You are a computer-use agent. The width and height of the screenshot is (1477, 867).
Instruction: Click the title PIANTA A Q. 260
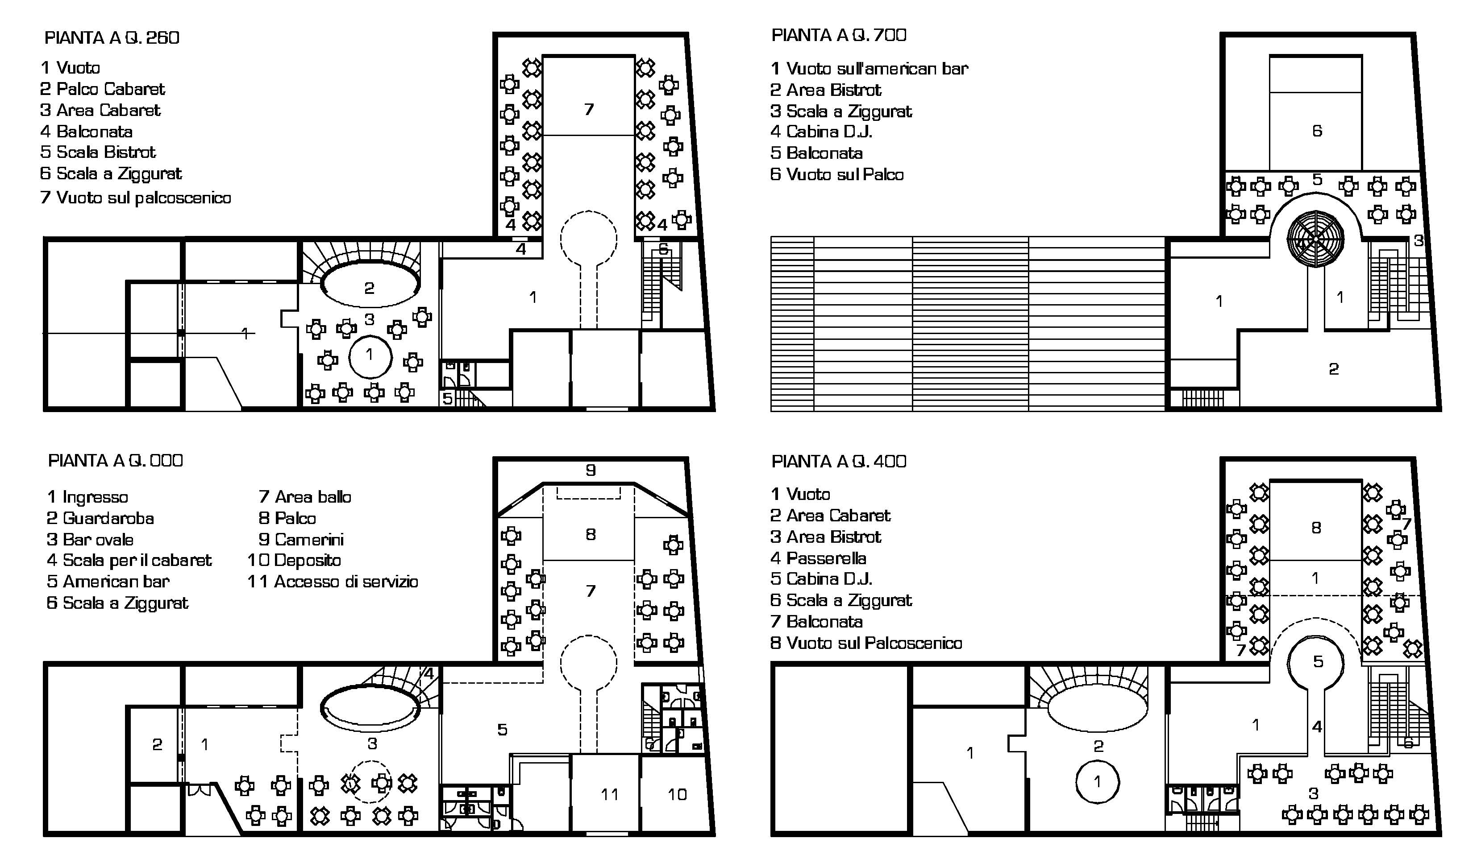[x=112, y=38]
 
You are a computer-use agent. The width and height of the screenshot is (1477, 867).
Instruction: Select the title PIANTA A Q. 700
[x=839, y=35]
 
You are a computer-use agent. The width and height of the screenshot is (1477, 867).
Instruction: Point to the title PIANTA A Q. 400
[x=839, y=462]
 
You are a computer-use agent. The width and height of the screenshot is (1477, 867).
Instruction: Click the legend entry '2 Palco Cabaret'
[x=103, y=89]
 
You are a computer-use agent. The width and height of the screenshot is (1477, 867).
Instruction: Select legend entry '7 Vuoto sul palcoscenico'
[x=135, y=198]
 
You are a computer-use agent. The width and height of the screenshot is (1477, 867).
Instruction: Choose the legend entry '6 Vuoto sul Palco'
[x=837, y=174]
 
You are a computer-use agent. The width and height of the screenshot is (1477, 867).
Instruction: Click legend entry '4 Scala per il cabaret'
[x=129, y=561]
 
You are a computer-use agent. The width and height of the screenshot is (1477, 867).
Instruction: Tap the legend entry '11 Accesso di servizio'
[x=333, y=582]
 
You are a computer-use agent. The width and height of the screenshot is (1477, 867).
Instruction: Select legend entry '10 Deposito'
[x=294, y=561]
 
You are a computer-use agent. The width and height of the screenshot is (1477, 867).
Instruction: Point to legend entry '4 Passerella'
[x=818, y=558]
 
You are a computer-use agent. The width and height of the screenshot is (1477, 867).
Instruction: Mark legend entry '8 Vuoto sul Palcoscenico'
[x=866, y=643]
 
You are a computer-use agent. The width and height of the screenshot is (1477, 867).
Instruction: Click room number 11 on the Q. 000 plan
[x=610, y=794]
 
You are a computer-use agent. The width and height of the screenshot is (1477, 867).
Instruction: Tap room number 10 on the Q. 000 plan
[x=677, y=794]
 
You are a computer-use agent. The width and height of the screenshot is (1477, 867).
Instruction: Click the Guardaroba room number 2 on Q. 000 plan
[x=157, y=744]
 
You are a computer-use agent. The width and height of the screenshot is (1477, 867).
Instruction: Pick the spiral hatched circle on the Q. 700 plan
[x=1316, y=239]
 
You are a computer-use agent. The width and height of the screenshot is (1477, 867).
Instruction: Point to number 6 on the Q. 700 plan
[x=1317, y=131]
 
